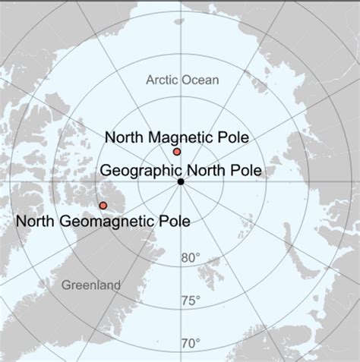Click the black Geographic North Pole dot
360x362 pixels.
[181, 182]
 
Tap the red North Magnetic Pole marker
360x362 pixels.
[177, 152]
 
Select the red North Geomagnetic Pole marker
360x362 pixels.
[103, 206]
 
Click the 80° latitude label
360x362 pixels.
[191, 258]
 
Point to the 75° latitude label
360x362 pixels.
[191, 302]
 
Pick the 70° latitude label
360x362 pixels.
[191, 344]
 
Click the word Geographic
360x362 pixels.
[137, 169]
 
